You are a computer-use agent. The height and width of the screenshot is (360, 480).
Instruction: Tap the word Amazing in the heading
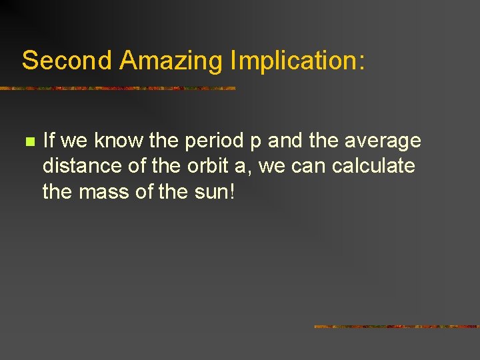(x=171, y=61)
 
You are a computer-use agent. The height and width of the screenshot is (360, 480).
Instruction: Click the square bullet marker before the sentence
(x=29, y=142)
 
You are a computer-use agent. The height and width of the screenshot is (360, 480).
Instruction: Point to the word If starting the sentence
(x=48, y=141)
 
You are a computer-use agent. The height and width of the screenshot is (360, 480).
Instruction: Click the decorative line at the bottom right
(x=397, y=327)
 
